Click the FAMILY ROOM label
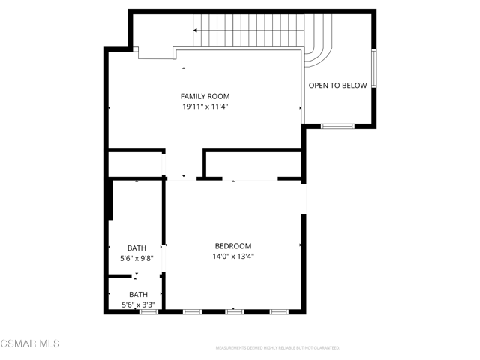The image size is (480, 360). (205, 96)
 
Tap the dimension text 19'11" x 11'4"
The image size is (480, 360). (205, 106)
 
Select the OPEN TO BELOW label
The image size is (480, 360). (338, 85)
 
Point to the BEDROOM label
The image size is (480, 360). (232, 246)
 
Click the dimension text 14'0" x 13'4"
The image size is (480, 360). (232, 256)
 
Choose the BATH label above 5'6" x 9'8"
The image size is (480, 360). (136, 248)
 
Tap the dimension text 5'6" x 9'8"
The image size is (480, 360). (136, 258)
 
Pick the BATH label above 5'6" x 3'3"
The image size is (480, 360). (138, 295)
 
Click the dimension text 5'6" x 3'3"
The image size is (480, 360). (138, 304)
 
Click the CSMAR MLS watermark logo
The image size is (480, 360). (30, 343)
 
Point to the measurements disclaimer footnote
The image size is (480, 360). (277, 348)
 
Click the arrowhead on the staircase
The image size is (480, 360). (196, 31)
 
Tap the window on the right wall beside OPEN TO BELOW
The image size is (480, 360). (373, 69)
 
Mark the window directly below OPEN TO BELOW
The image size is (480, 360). (337, 126)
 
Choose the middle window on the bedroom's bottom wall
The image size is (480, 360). (235, 310)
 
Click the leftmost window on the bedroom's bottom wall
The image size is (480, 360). (191, 310)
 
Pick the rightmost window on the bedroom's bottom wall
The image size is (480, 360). (279, 310)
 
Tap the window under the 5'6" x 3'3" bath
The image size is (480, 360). (148, 310)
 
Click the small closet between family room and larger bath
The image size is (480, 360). (135, 164)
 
